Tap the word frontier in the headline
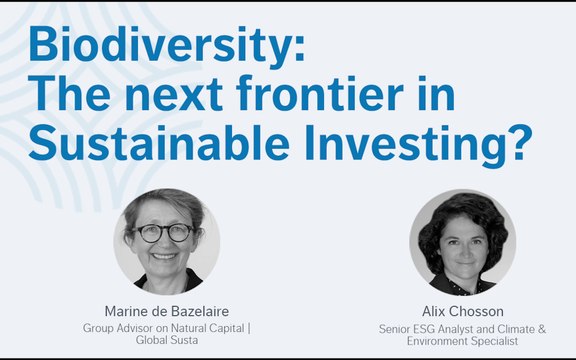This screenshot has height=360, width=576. coord(320,93)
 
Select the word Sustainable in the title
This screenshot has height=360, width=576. coord(159,142)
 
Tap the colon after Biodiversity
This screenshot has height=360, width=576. coord(300,49)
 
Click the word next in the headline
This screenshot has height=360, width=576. coord(174,96)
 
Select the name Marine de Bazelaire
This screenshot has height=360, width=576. coord(167,311)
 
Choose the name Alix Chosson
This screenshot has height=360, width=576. coord(463,312)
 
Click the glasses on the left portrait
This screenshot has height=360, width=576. coord(165,233)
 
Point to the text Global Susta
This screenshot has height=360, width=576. coord(167,340)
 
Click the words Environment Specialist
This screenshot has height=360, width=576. coord(462,341)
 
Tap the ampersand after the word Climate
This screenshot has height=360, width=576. coord(542,329)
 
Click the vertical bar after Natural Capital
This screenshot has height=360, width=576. coord(249,328)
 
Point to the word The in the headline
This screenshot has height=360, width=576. coord(69,93)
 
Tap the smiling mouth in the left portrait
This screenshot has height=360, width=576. coord(164,256)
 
